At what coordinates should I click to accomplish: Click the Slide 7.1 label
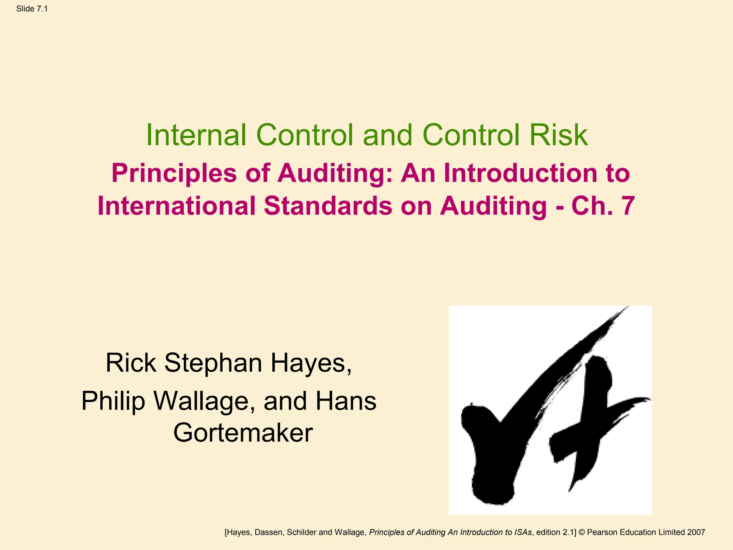[x=32, y=9]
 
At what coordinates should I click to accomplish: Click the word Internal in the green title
[x=196, y=135]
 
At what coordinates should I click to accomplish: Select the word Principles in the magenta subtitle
[x=174, y=173]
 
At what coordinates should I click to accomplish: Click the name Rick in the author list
[x=131, y=363]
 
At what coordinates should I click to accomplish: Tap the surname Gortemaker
[x=243, y=433]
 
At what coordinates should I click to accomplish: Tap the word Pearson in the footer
[x=603, y=532]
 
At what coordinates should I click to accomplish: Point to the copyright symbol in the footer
[x=582, y=532]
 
